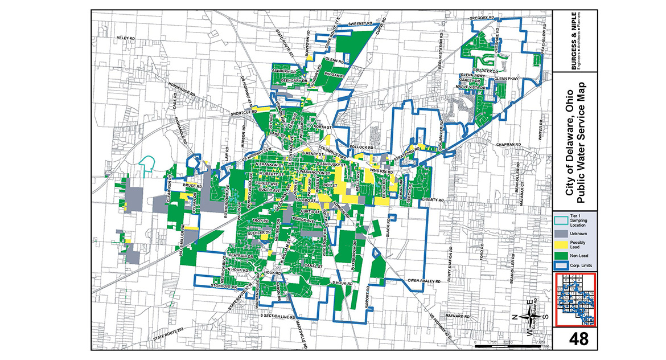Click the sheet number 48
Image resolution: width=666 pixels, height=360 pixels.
tap(576, 339)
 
